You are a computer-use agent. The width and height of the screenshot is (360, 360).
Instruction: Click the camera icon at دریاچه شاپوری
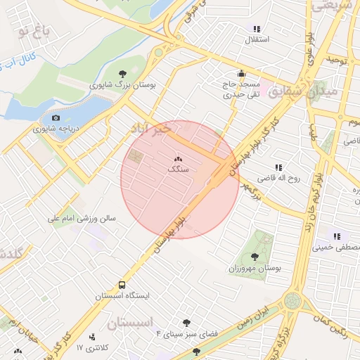click(56, 117)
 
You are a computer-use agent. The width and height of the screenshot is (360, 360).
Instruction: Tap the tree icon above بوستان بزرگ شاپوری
click(123, 72)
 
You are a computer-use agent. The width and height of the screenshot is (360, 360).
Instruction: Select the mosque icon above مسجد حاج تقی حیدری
click(241, 72)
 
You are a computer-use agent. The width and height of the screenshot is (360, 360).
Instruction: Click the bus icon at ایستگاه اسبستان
click(122, 285)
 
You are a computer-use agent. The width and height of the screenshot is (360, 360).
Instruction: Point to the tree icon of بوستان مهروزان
click(255, 257)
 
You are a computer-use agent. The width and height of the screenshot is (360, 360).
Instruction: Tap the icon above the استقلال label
click(257, 29)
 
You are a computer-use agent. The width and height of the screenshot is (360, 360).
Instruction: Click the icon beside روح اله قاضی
click(278, 167)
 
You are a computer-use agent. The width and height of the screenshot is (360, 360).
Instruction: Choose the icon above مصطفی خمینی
click(337, 236)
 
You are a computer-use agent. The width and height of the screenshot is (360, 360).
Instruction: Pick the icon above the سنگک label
click(178, 160)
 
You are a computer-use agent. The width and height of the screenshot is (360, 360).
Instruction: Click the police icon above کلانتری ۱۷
click(92, 337)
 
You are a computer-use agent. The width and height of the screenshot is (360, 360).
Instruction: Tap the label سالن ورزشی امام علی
click(81, 219)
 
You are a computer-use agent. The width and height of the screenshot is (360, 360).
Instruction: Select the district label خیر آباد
click(150, 129)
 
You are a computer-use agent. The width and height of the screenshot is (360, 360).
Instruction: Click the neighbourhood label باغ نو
click(34, 30)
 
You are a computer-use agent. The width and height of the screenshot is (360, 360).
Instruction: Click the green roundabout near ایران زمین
click(292, 301)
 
